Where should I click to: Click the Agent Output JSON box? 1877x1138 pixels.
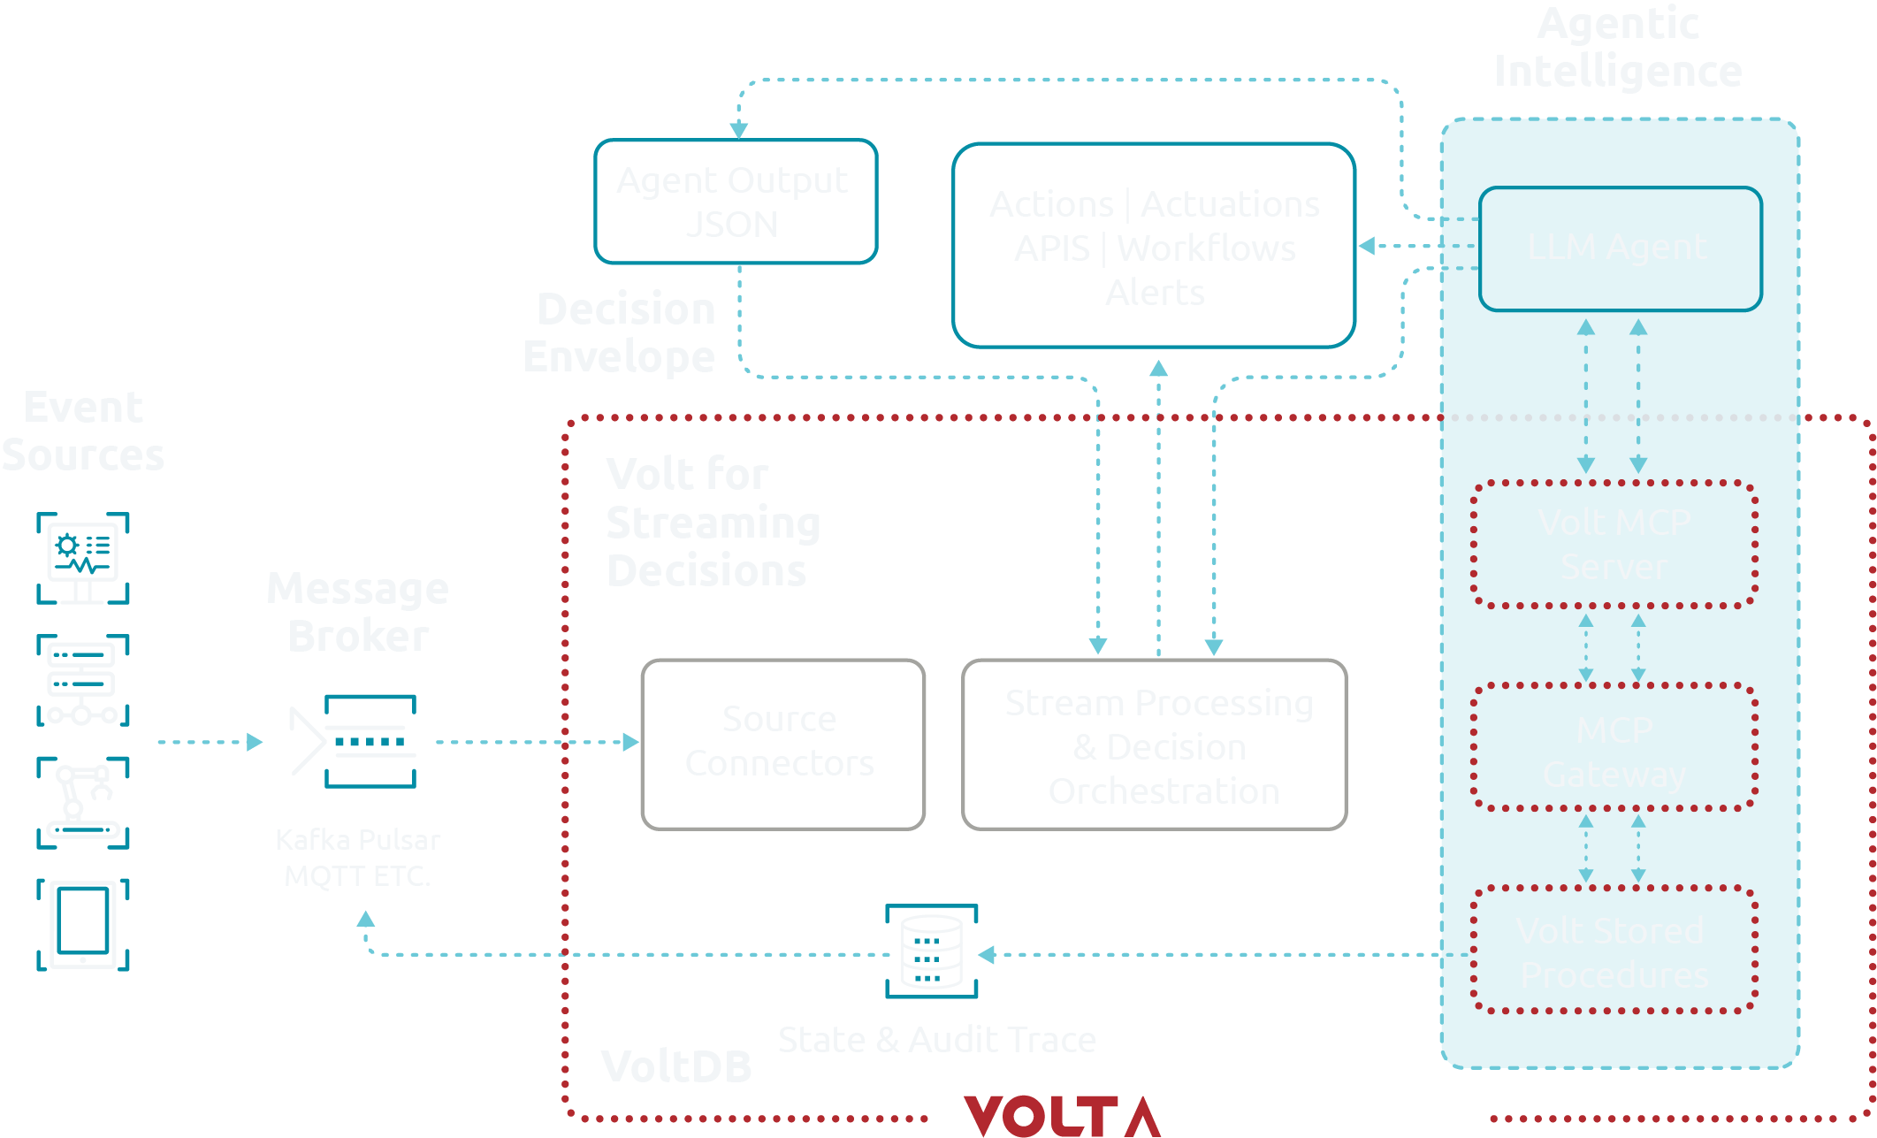pos(736,202)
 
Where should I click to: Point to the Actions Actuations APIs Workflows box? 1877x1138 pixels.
pos(1154,246)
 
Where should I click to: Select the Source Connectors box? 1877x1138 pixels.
pos(782,744)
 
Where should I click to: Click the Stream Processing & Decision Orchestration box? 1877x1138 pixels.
pos(1154,744)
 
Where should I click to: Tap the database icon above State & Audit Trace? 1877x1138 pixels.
pos(931,951)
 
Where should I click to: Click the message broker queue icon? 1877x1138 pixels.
pos(370,741)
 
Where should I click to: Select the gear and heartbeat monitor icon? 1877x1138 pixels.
pos(83,558)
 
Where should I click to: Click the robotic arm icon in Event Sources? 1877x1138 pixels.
pos(83,802)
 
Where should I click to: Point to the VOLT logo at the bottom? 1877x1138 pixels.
pos(1061,1115)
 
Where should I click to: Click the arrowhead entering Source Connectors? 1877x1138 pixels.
pos(630,742)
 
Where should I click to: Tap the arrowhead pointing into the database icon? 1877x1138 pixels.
pos(988,954)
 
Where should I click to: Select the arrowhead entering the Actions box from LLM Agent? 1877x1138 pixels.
pos(1367,246)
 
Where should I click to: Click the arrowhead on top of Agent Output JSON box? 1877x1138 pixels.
pos(739,130)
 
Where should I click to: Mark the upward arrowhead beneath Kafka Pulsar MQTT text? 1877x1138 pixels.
pos(365,920)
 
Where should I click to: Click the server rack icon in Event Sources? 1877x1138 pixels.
pos(83,680)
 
